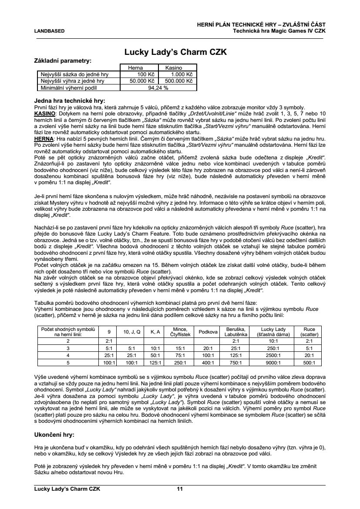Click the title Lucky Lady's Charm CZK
pos(175,52)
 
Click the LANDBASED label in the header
pos(49,31)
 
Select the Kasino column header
pos(173,68)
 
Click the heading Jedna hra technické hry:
pos(69,101)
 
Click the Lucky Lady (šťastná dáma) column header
pos(273,332)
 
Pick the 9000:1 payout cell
pos(273,362)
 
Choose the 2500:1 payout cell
pos(273,355)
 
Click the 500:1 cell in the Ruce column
pos(309,362)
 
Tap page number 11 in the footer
pos(179,489)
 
